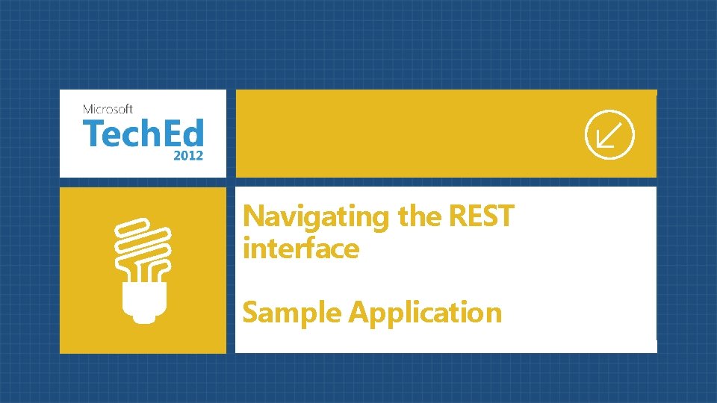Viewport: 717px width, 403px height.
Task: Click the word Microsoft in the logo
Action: click(x=108, y=109)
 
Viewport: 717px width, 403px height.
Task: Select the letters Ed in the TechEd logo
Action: click(x=184, y=134)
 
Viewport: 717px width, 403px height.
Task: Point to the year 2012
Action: click(x=187, y=157)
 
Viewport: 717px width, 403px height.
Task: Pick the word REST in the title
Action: click(x=482, y=216)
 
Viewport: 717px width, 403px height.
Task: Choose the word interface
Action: click(x=300, y=249)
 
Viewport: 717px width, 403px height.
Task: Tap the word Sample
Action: click(x=292, y=313)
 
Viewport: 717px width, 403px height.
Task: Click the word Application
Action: click(x=425, y=313)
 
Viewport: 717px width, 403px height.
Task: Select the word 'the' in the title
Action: click(x=422, y=216)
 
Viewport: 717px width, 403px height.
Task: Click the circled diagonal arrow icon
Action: click(x=609, y=134)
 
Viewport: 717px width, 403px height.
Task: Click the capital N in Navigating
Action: click(x=254, y=216)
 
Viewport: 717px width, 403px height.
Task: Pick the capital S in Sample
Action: click(x=251, y=312)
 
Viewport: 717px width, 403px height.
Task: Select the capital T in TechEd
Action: click(x=93, y=134)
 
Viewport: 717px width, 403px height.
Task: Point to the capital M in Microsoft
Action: click(x=87, y=109)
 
